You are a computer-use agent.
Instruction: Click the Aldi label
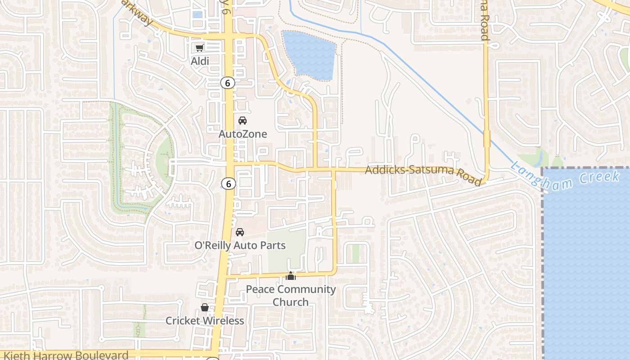(200, 61)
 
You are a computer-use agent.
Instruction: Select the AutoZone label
(243, 134)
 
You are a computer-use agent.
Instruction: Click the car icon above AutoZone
(243, 121)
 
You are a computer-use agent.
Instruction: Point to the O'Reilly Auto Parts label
(240, 245)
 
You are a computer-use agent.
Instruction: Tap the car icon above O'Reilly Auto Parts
(240, 232)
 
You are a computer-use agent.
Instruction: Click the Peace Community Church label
(291, 295)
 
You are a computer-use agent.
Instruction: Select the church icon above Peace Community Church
(291, 276)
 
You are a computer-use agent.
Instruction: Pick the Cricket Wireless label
(205, 320)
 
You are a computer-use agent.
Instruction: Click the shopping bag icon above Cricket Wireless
(205, 307)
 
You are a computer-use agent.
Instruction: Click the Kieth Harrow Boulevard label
(66, 355)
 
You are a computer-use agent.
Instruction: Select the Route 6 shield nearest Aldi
(228, 83)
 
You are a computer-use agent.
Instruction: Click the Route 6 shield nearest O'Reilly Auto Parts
(229, 184)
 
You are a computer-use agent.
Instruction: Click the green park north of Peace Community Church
(287, 250)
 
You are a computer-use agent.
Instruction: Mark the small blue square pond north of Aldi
(197, 14)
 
